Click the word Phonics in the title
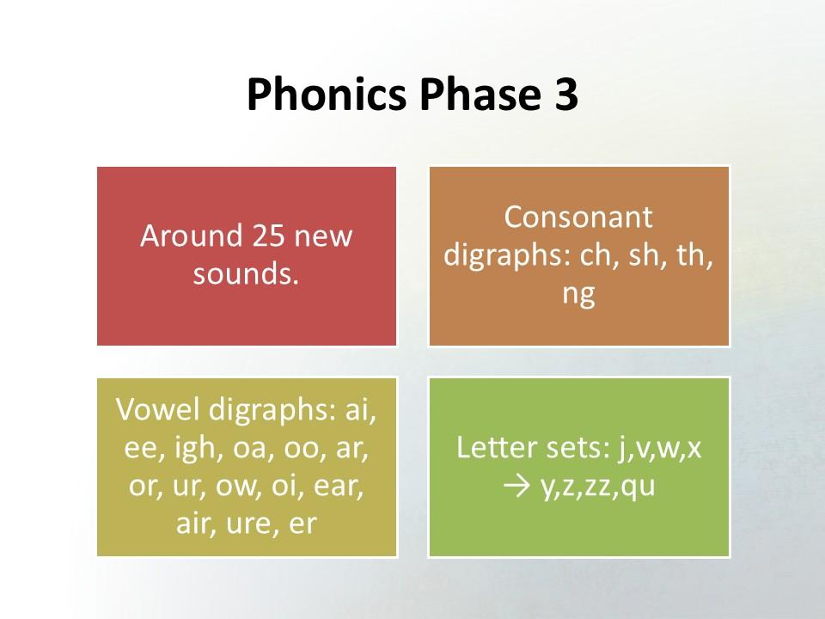327,95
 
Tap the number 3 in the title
565,95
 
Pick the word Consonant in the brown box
578,217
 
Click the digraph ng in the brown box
578,295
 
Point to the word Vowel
158,409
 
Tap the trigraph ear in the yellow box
338,485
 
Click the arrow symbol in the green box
516,487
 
